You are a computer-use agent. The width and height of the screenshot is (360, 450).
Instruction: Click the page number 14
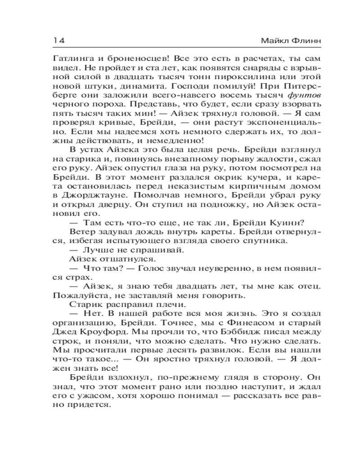click(59, 40)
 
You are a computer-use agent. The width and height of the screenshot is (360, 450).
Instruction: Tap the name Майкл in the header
click(273, 40)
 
